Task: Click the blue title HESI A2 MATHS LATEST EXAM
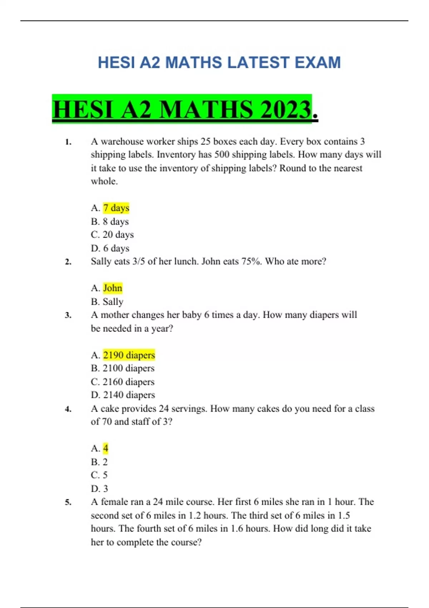coord(219,63)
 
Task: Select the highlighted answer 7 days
coord(116,208)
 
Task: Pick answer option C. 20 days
coord(112,235)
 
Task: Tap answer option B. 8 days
coord(110,221)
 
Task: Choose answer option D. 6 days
coord(110,248)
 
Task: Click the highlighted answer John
coord(113,288)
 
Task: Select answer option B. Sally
coord(107,301)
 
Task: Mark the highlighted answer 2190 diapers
coord(129,355)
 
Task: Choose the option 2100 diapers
coord(128,368)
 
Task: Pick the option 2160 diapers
coord(128,382)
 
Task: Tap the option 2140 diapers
coord(129,395)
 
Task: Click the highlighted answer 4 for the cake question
coord(105,448)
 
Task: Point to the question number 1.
coord(68,142)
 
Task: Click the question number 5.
coord(68,502)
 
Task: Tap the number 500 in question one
coord(222,155)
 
